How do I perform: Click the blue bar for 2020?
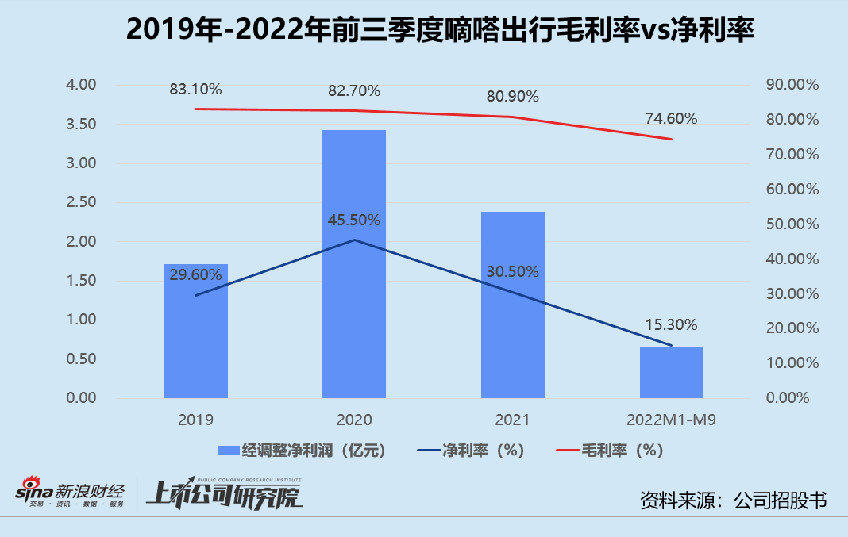click(354, 264)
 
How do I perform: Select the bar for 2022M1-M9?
click(672, 373)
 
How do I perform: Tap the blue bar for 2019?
click(196, 332)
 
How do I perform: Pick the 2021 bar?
click(513, 305)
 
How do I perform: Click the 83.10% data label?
click(196, 89)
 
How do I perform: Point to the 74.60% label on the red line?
click(671, 118)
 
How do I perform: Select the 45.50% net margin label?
click(354, 220)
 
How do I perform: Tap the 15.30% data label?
click(671, 324)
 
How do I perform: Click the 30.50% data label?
click(513, 272)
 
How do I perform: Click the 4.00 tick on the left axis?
click(81, 84)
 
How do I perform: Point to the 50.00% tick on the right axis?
click(792, 224)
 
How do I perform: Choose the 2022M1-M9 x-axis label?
click(671, 420)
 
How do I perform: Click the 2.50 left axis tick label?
click(81, 202)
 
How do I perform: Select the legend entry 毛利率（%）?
click(610, 450)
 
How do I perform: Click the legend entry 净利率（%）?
click(471, 450)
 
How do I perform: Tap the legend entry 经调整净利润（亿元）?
click(302, 450)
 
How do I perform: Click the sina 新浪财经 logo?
click(70, 492)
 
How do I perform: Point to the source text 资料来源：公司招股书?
click(734, 501)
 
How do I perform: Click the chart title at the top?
click(440, 29)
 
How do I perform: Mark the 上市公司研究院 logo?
click(225, 493)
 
